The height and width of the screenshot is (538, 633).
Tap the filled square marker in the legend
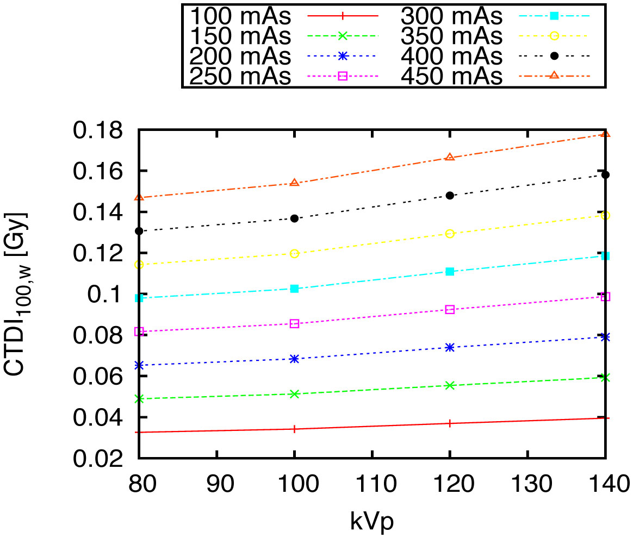(x=554, y=17)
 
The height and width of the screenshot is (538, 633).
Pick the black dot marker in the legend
(x=554, y=56)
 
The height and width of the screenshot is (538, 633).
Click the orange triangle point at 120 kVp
(x=450, y=158)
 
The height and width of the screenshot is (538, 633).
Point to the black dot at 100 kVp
(x=295, y=218)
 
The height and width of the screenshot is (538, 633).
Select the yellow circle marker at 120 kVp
(x=450, y=234)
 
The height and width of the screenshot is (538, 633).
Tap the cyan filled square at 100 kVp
(x=295, y=289)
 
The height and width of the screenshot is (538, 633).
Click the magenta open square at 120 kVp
(x=450, y=309)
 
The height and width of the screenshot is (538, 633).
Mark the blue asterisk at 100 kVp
(x=295, y=359)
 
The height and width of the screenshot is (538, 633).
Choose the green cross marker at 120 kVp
(x=450, y=385)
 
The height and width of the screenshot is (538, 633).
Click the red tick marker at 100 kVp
(x=295, y=429)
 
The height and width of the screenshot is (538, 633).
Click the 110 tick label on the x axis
(x=372, y=482)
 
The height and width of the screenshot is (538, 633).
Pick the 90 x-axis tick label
(x=217, y=482)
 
